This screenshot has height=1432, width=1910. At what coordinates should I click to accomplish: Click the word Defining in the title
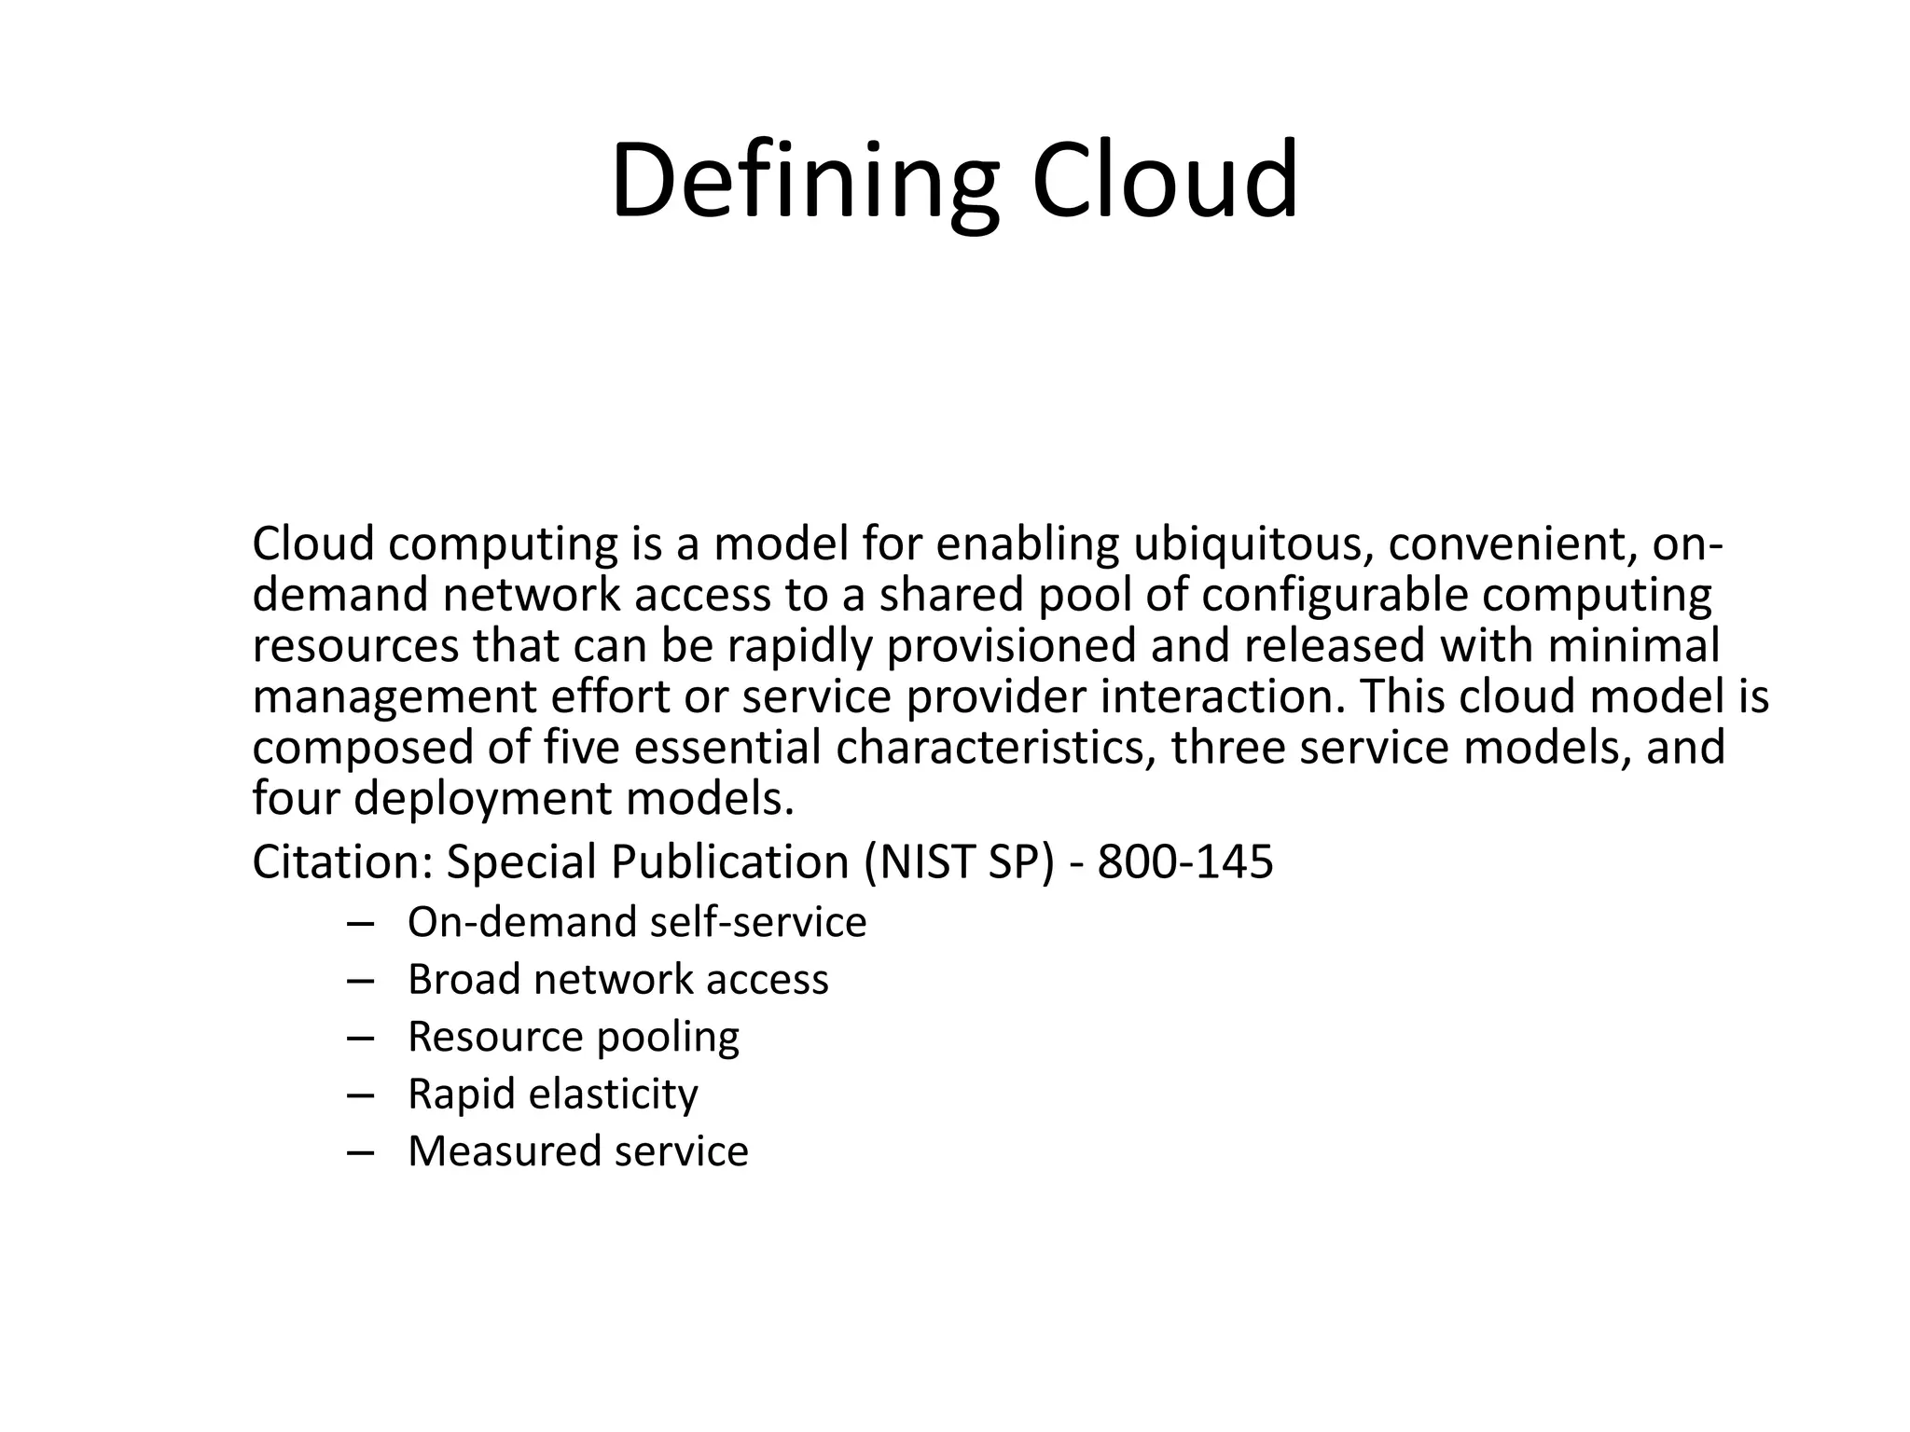pos(804,182)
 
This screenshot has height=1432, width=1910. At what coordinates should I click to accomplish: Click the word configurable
pos(1335,597)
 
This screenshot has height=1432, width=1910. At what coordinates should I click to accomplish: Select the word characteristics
pos(990,748)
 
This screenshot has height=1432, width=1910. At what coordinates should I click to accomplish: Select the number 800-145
pos(1184,862)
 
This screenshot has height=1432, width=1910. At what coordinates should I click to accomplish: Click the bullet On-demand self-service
pos(637,922)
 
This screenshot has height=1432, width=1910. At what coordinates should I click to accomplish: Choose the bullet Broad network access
pos(617,980)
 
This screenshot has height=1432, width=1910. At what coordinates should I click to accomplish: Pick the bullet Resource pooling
pos(573,1038)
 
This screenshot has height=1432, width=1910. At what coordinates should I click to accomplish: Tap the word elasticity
pos(613,1095)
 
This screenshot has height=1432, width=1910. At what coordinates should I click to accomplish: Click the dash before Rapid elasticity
pos(359,1095)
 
